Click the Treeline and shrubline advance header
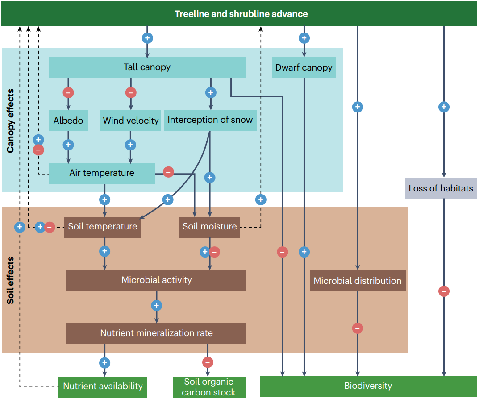(241, 14)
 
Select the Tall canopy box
(147, 67)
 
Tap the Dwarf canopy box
(304, 67)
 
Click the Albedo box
(68, 121)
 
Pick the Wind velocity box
(130, 121)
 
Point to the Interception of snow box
(210, 120)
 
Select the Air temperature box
(102, 173)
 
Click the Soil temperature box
(103, 226)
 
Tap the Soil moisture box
(209, 226)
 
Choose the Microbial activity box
(156, 280)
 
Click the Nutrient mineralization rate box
(156, 333)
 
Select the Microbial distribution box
(358, 281)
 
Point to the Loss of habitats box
(441, 188)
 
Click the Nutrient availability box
(103, 387)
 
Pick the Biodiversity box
(368, 386)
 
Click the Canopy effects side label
(11, 121)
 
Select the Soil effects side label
(11, 280)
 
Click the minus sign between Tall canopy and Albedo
(68, 93)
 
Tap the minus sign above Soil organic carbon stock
(208, 362)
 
